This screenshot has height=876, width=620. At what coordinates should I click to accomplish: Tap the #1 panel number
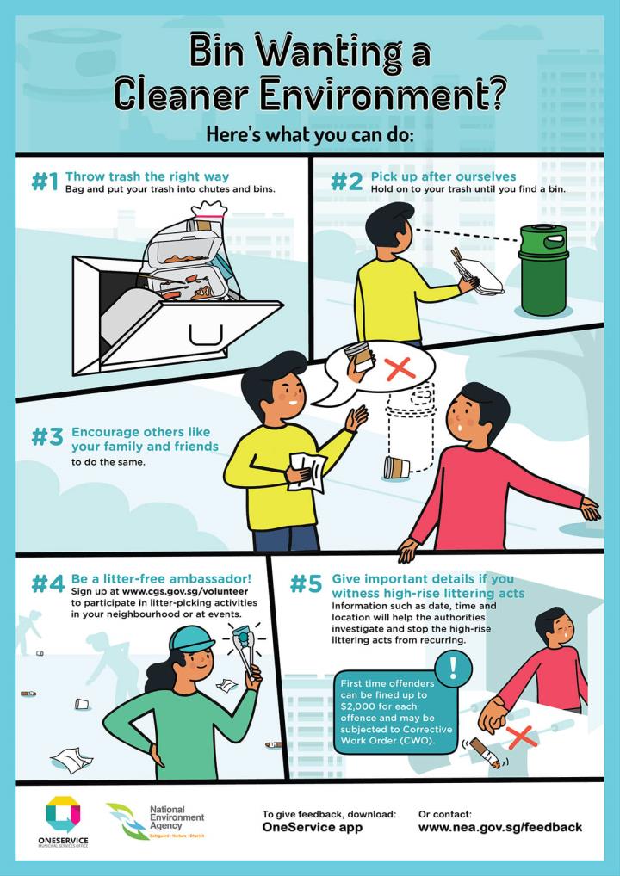click(44, 182)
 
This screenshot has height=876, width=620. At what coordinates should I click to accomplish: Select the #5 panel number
click(305, 584)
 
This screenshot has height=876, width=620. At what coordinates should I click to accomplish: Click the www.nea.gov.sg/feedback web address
click(499, 827)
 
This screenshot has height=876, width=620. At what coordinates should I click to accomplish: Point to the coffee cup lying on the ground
click(397, 468)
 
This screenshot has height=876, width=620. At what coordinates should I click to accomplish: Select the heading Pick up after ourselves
click(443, 176)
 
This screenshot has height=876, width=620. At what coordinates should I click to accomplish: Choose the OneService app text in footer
click(312, 827)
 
